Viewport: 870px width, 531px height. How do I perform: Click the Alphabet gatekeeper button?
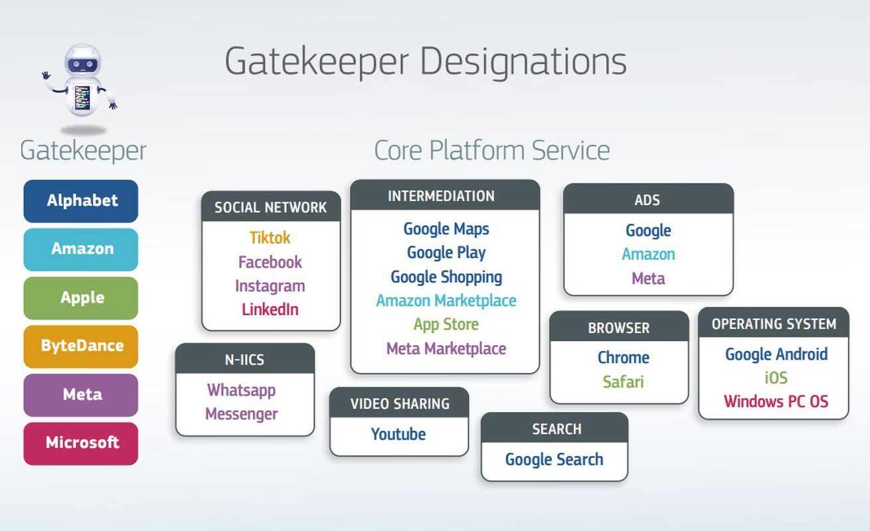pos(81,201)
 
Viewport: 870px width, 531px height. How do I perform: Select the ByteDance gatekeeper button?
pos(81,346)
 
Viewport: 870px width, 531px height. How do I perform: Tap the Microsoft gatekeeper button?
pos(81,443)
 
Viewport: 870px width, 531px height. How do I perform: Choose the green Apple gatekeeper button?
pos(81,298)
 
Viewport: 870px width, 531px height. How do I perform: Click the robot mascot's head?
pos(83,61)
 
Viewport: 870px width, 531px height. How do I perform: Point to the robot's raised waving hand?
pos(46,75)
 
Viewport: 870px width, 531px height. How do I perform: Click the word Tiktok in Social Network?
pos(270,238)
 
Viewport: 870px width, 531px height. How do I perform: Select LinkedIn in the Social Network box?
pos(270,309)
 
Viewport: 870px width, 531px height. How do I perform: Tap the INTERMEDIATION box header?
pos(445,196)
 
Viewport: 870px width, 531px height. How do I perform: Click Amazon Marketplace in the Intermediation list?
pos(446,301)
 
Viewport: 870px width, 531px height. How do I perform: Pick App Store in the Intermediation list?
pos(446,325)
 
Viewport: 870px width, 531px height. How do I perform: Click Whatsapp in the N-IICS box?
pos(241,390)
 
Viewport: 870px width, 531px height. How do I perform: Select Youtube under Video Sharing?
pos(398,434)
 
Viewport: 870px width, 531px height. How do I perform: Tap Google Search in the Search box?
pos(555,459)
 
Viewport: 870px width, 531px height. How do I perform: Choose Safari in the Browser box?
pos(623,382)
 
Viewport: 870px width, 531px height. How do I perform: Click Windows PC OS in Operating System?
pos(776,402)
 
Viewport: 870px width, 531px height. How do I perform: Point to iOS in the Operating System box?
pos(776,378)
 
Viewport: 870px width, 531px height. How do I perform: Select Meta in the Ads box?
pos(648,278)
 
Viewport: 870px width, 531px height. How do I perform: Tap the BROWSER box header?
pos(619,327)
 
